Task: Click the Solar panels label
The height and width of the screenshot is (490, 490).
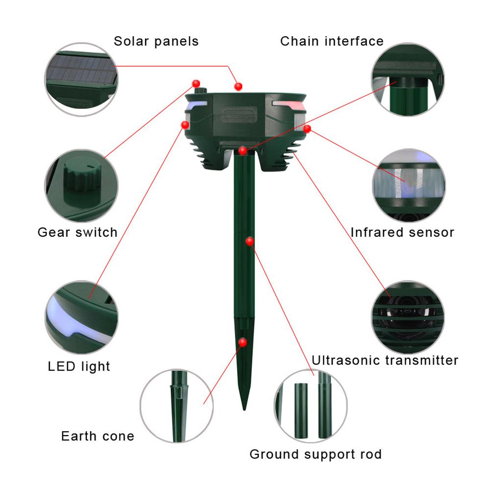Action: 156,42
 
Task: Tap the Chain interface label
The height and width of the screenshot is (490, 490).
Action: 332,41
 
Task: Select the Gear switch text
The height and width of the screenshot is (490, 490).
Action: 77,232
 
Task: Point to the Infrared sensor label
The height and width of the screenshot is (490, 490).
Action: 402,232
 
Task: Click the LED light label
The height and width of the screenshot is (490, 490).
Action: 79,367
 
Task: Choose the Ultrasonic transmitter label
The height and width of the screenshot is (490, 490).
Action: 385,360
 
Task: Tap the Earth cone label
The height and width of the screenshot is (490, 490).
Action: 98,436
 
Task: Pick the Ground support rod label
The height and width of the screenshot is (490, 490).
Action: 316,455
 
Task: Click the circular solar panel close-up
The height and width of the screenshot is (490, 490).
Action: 81,79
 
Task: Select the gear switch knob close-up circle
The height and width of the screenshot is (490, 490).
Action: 81,186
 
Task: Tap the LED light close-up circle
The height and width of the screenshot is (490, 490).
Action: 81,317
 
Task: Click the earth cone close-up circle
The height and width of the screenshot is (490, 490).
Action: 177,406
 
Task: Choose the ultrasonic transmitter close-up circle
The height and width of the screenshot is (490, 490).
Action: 409,317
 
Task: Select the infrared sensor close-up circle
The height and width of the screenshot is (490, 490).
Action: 409,186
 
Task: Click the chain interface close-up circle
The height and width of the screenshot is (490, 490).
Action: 408,79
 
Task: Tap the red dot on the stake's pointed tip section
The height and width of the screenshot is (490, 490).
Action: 243,342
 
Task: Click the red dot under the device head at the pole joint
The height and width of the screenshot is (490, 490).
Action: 243,151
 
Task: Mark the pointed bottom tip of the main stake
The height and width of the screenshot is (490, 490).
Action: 245,410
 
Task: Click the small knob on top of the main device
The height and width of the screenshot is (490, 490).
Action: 200,90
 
